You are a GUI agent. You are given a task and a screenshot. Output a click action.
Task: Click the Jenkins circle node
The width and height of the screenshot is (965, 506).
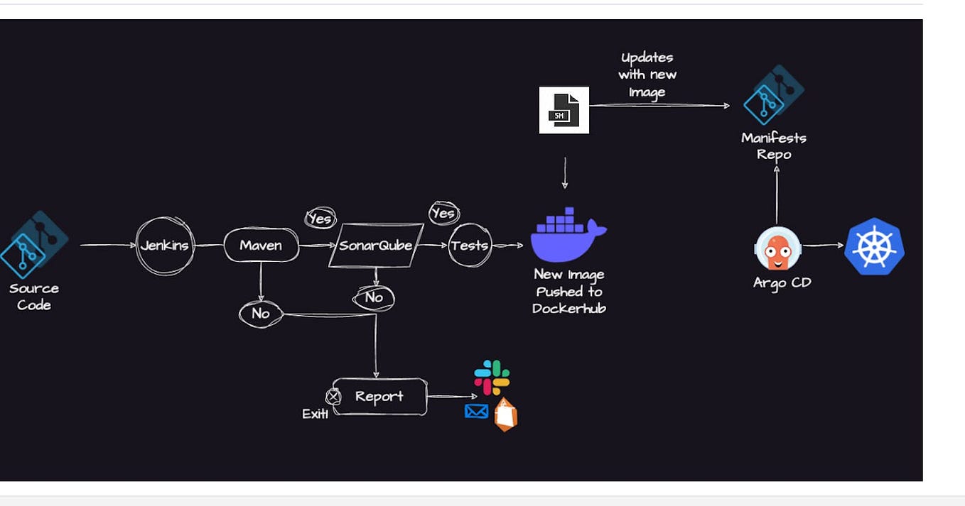click(x=165, y=246)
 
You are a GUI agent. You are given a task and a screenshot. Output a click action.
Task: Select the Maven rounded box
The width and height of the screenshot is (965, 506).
click(x=261, y=246)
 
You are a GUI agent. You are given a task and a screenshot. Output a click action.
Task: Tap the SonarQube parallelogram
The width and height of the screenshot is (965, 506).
click(x=376, y=246)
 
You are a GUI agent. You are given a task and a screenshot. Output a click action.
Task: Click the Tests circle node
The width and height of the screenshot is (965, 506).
click(x=470, y=246)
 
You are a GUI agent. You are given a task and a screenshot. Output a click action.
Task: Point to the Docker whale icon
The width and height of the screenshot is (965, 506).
click(x=567, y=236)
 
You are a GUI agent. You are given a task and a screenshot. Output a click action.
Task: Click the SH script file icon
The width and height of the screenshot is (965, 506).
click(x=564, y=110)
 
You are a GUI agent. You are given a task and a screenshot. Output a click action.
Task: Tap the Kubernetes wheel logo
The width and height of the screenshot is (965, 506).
click(x=874, y=247)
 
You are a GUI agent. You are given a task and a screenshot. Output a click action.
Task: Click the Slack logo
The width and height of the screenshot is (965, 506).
click(x=492, y=378)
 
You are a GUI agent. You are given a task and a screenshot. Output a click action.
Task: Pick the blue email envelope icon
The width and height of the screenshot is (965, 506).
click(x=476, y=411)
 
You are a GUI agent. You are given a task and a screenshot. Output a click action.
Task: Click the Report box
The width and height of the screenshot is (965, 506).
click(x=379, y=397)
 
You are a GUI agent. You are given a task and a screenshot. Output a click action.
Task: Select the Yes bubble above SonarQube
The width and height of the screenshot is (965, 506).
click(x=320, y=218)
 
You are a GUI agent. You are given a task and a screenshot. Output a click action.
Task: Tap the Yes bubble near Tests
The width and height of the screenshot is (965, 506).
click(x=443, y=213)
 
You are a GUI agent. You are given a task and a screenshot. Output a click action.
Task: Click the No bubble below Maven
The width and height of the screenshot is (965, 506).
click(x=260, y=314)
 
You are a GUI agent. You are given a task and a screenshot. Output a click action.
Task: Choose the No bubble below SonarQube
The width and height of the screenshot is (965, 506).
click(x=374, y=297)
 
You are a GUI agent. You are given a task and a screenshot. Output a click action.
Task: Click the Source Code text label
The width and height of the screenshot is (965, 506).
click(x=33, y=297)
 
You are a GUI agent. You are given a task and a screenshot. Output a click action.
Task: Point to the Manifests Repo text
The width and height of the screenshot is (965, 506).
click(x=774, y=145)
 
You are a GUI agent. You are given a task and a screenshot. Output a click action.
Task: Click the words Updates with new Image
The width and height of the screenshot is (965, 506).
click(x=647, y=75)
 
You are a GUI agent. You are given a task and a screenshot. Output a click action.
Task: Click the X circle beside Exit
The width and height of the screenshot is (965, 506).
click(x=332, y=397)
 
